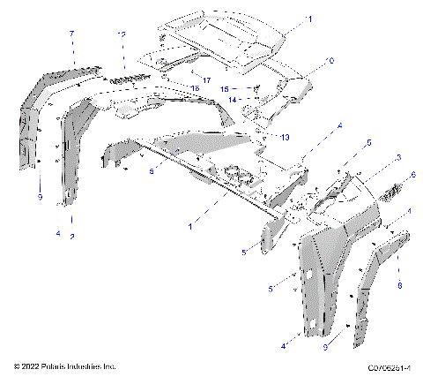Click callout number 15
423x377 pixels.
click(224, 89)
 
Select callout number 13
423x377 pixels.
click(284, 138)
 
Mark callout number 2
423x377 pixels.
click(71, 237)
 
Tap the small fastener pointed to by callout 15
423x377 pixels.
click(255, 88)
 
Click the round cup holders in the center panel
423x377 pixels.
click(236, 172)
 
